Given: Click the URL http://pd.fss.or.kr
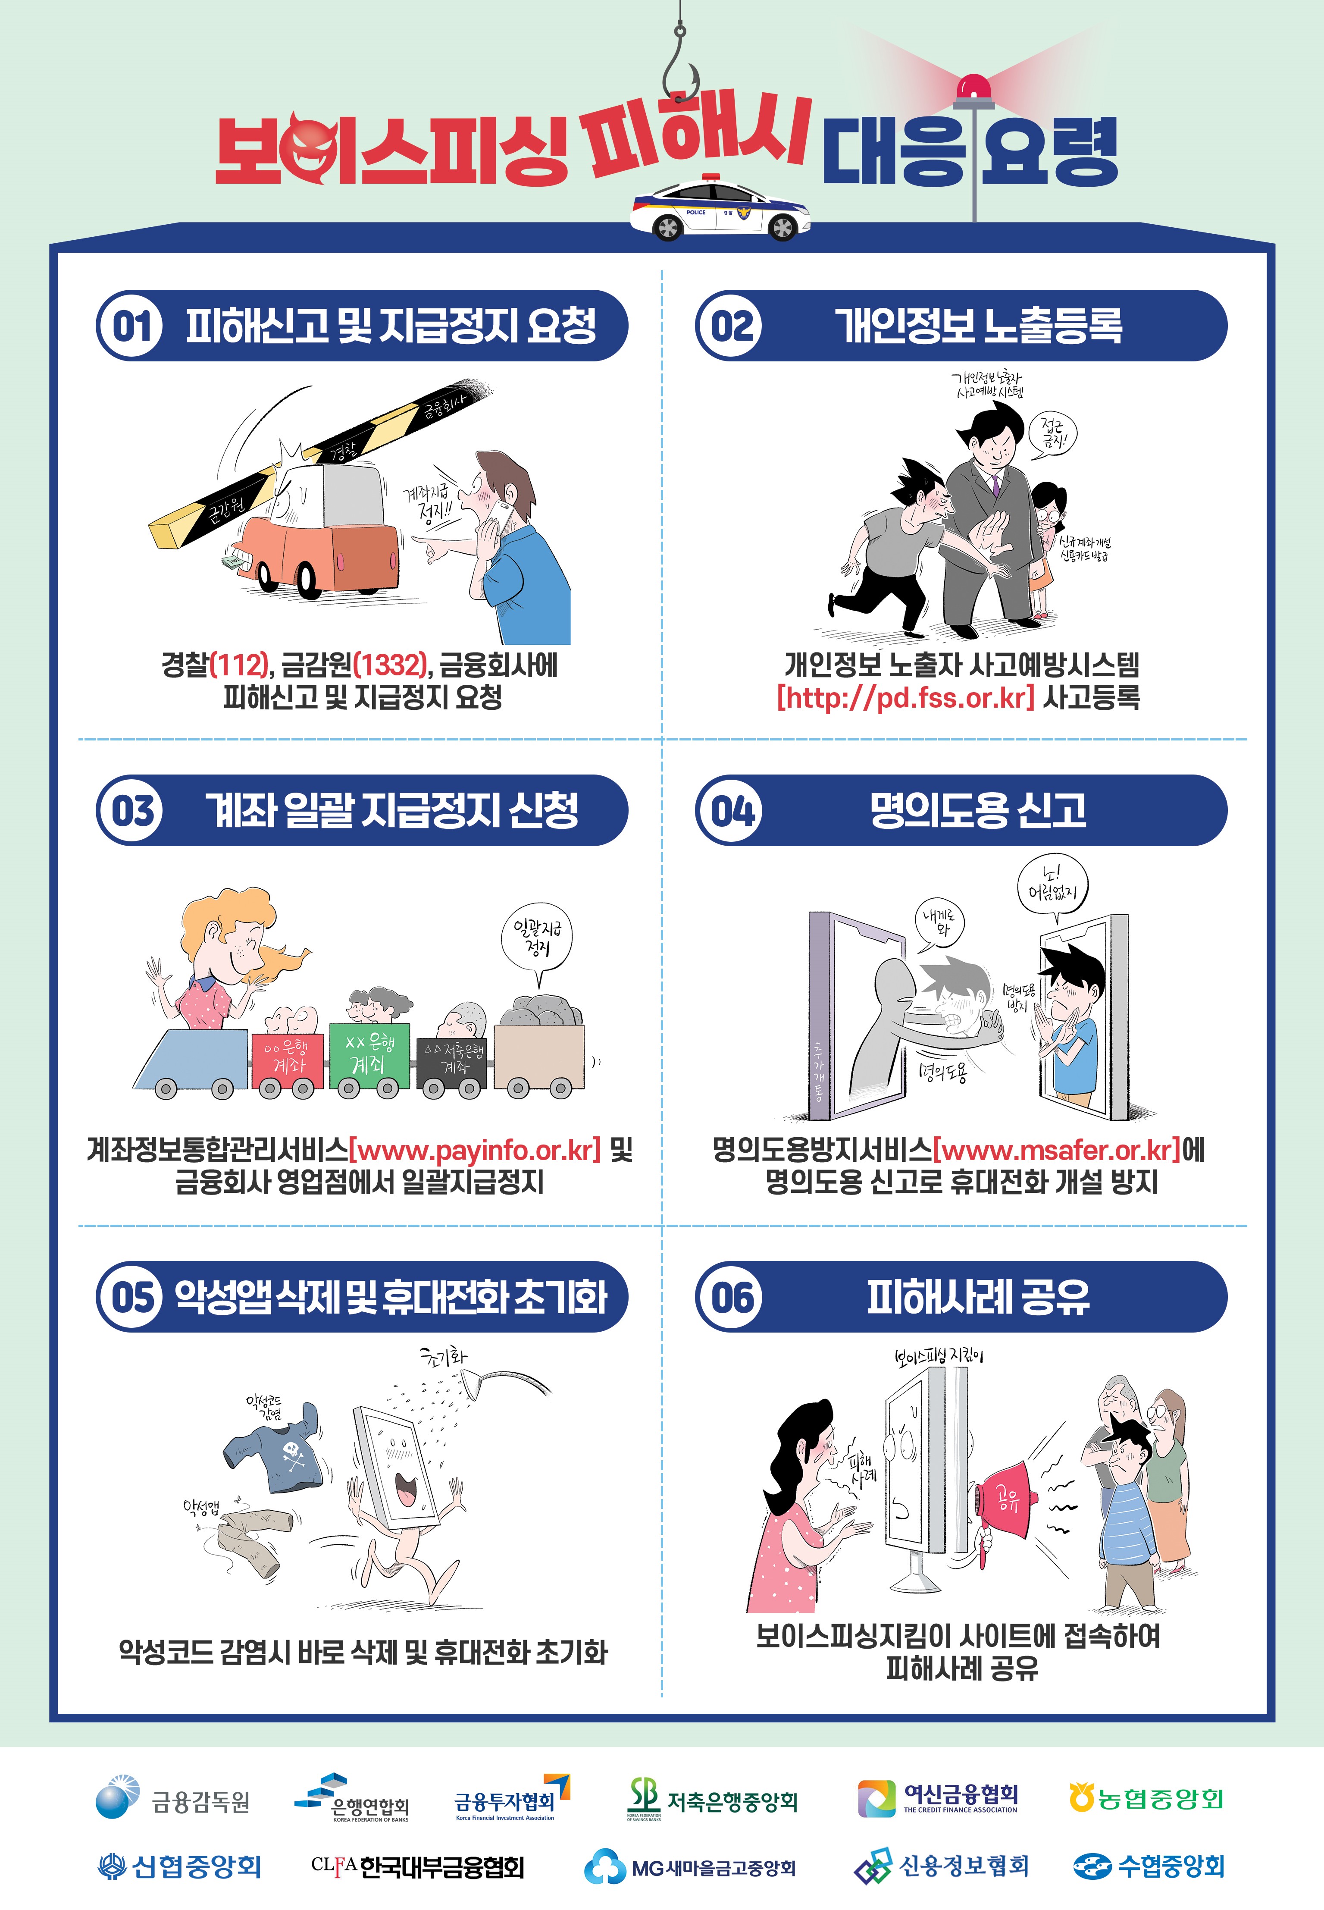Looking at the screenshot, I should coord(905,697).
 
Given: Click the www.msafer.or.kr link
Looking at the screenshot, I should coord(1056,1150).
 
